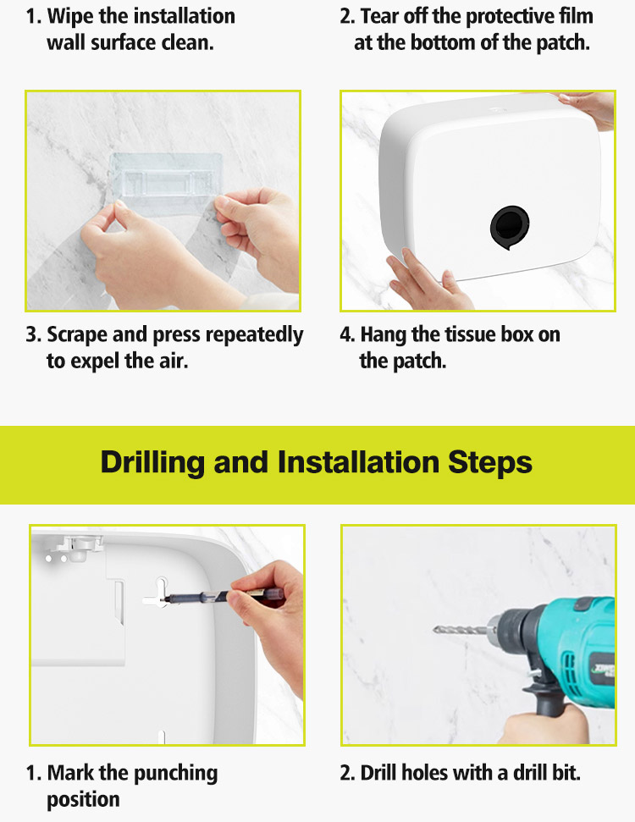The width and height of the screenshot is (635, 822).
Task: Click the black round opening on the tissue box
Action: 509,227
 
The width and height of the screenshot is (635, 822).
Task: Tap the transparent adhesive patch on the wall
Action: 166,179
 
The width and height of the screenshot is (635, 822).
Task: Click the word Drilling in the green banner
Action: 152,462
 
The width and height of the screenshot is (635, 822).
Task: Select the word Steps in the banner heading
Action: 490,462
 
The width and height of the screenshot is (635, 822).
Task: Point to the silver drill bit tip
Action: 435,628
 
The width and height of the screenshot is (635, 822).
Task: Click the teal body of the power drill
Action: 577,650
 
